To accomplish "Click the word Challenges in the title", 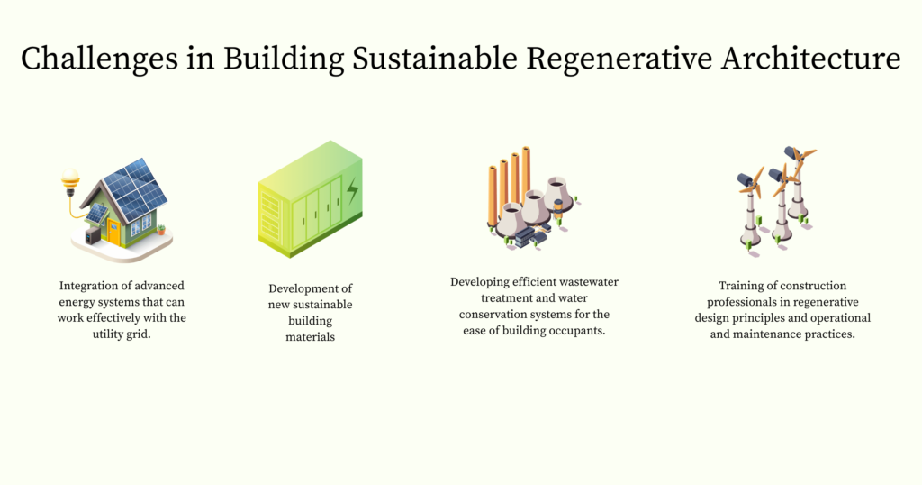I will [x=86, y=59].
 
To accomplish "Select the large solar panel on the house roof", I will [x=136, y=188].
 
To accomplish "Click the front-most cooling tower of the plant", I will [x=511, y=219].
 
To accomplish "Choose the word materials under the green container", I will [x=310, y=337].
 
